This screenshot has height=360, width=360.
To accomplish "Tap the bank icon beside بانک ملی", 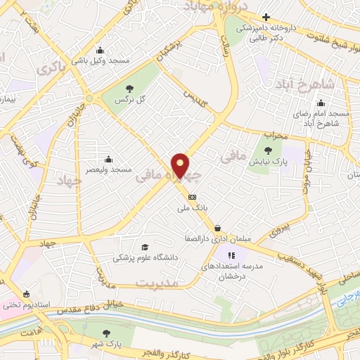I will (x=192, y=198).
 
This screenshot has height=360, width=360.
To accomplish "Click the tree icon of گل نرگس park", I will (x=129, y=88).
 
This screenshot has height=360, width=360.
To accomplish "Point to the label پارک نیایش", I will (x=268, y=161).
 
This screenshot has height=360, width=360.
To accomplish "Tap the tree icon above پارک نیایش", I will (x=268, y=150).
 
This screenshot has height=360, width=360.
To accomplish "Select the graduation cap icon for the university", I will (x=145, y=247).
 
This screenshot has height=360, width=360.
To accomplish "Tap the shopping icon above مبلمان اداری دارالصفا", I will (x=219, y=228).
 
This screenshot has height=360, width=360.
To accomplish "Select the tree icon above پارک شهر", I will (x=106, y=333).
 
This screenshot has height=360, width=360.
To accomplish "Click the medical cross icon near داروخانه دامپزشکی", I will (x=266, y=17).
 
